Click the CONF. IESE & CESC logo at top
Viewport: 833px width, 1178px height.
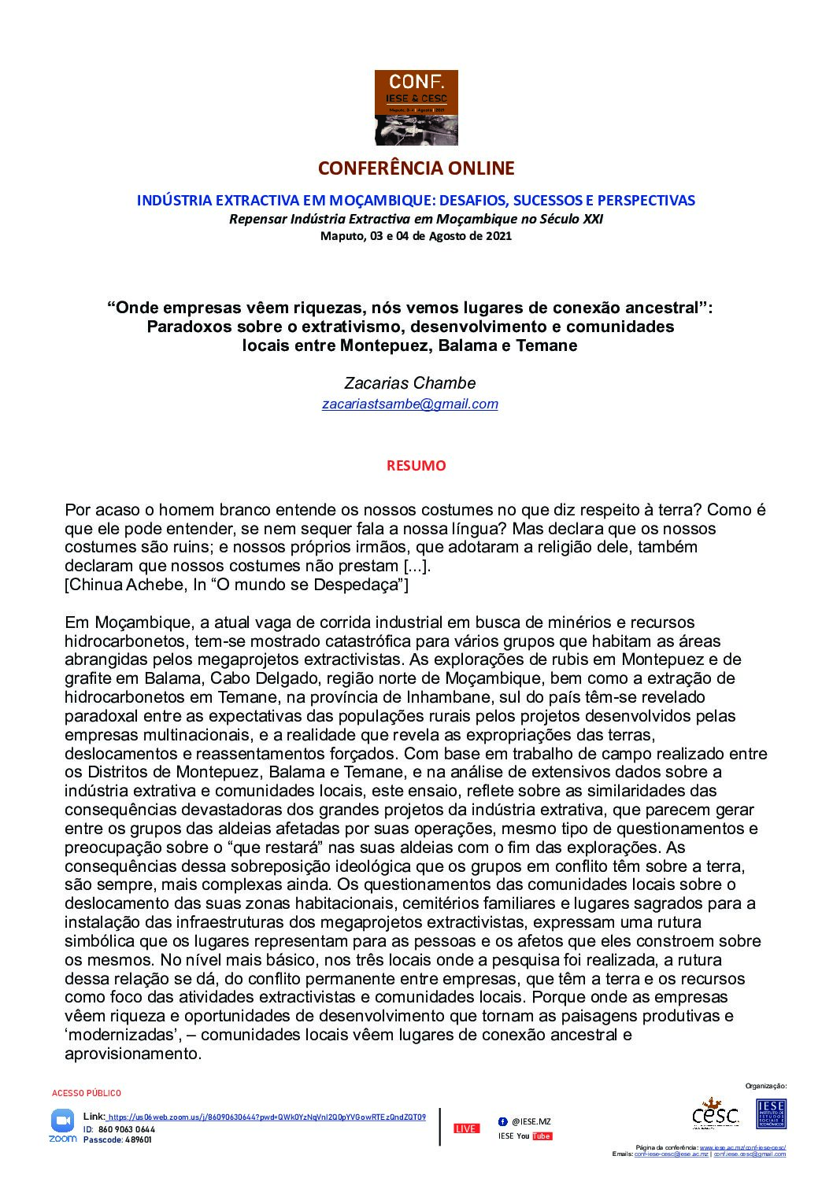click(x=416, y=107)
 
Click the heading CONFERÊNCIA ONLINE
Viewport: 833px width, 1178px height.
click(x=416, y=168)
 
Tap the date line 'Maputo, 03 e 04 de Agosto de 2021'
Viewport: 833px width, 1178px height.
click(x=416, y=235)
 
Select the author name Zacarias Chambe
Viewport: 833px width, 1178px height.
click(x=409, y=383)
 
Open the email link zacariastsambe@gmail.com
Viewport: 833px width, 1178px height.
click(x=409, y=404)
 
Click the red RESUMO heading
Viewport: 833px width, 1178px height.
click(x=416, y=466)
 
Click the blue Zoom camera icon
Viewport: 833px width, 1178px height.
click(x=62, y=1120)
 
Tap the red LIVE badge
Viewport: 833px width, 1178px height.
click(x=466, y=1128)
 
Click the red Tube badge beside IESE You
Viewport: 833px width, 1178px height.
click(x=542, y=1136)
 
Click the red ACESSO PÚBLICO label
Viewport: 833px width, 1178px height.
click(x=87, y=1093)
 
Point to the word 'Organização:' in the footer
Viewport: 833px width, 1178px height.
click(x=765, y=1086)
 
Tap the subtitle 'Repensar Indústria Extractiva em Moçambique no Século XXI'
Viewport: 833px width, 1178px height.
click(x=416, y=220)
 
